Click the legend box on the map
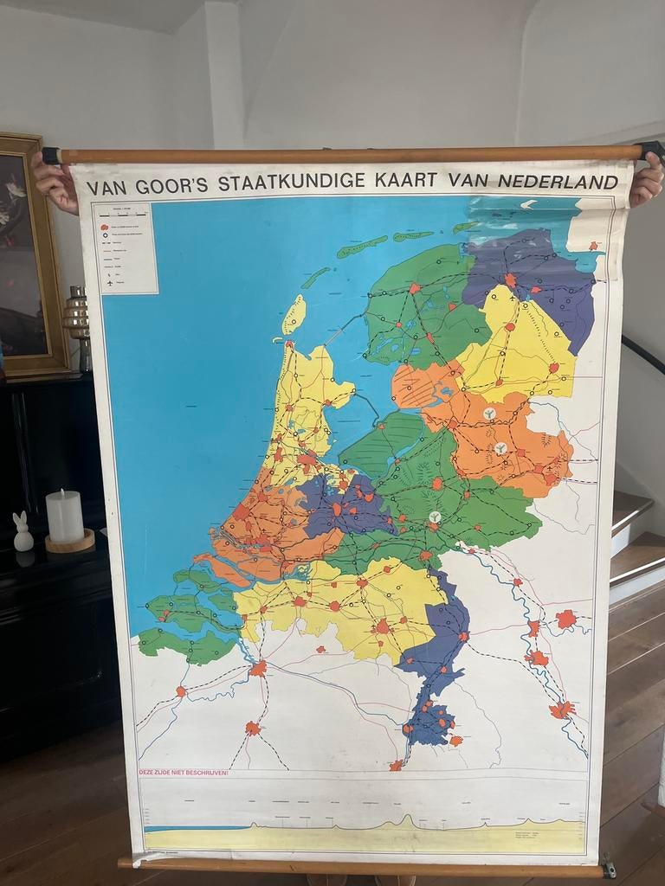coord(128,248)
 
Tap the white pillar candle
coord(65,517)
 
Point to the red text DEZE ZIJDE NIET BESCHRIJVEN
coord(184,772)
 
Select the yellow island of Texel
coord(294,314)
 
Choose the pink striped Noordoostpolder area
coord(421,385)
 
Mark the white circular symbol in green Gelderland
coord(435,517)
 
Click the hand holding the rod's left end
coord(55,180)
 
